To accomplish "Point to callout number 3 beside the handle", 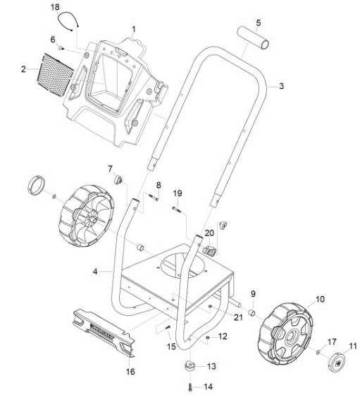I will click(x=282, y=86).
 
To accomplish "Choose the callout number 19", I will click(x=178, y=193).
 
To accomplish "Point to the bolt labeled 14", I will click(x=191, y=385).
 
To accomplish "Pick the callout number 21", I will click(x=238, y=317).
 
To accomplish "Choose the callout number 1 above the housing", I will click(x=133, y=29).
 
